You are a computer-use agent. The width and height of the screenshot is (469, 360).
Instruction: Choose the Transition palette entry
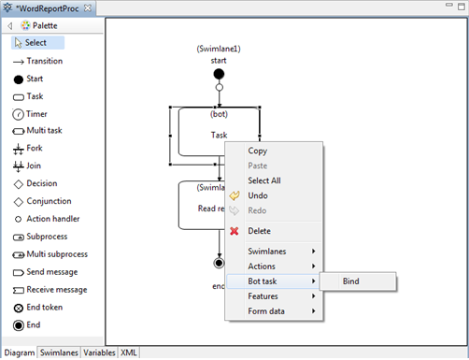[x=44, y=61]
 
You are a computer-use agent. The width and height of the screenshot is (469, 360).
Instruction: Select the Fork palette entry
[x=34, y=148]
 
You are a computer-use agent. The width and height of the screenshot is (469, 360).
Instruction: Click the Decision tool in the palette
[x=41, y=183]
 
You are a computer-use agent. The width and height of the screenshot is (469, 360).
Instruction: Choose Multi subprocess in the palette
[x=56, y=254]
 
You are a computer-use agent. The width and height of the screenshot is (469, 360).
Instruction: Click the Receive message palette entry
[x=56, y=289]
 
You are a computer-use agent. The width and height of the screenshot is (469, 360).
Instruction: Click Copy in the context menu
[x=258, y=151]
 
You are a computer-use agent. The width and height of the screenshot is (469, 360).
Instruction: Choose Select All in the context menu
[x=263, y=180]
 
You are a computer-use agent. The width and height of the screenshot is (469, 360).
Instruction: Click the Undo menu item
[x=258, y=195]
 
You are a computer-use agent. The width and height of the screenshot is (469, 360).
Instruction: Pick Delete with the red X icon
[x=259, y=231]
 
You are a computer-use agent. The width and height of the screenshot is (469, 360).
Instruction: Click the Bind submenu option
[x=351, y=281]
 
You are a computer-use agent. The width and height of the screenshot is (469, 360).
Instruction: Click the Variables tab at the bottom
[x=99, y=353]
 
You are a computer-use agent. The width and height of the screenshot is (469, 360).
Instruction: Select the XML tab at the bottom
[x=128, y=353]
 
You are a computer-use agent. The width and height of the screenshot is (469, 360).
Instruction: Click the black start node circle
[x=219, y=74]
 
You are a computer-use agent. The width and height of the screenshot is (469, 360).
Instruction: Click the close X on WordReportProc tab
[x=88, y=8]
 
